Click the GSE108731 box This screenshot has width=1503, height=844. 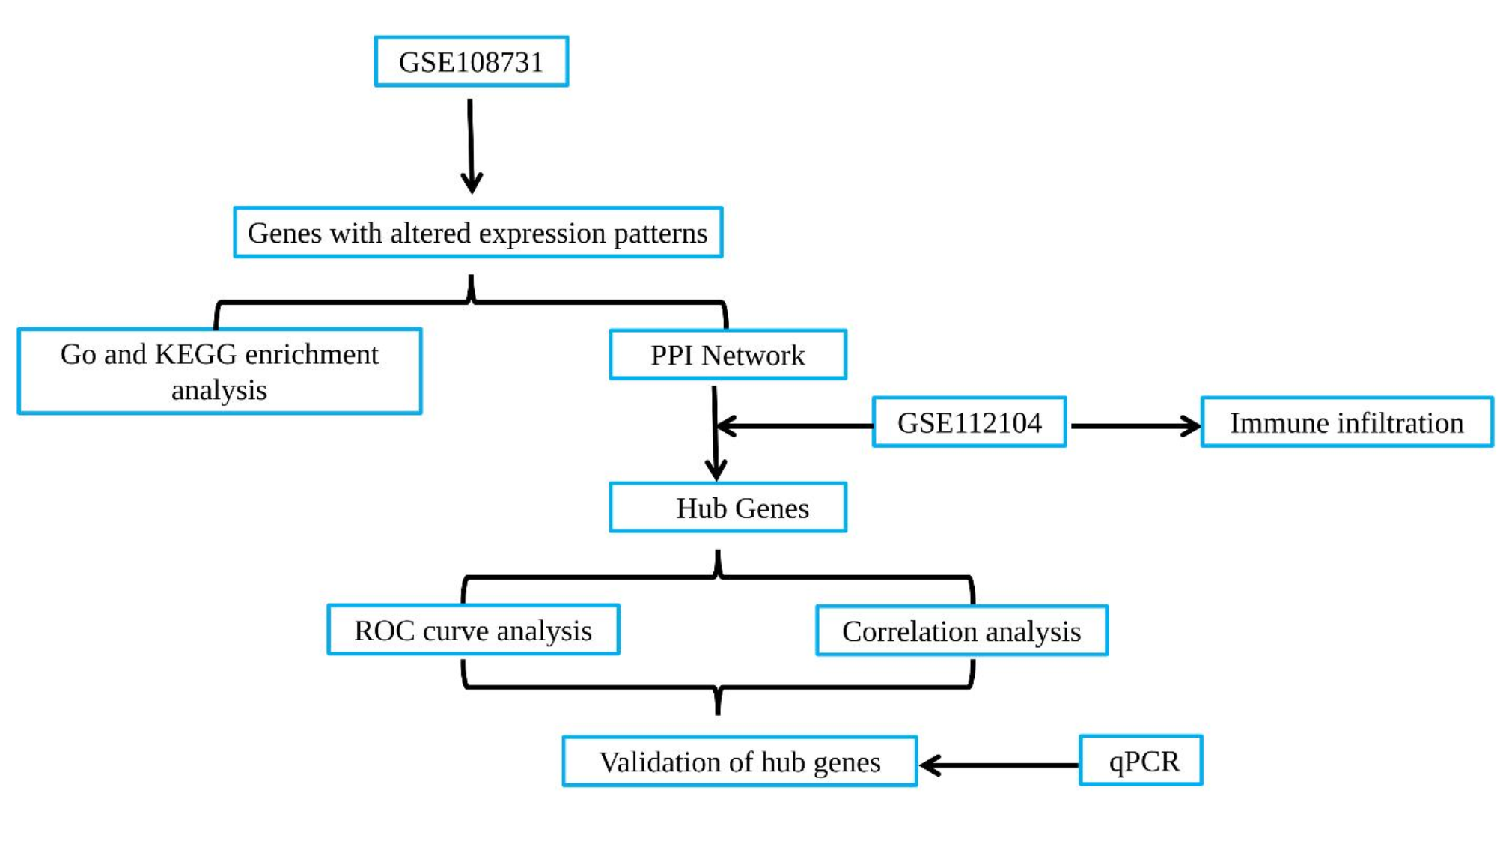(x=471, y=61)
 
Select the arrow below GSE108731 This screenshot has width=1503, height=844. (x=471, y=146)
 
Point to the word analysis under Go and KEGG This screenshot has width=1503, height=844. (x=219, y=390)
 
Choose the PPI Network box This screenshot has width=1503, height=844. (x=728, y=355)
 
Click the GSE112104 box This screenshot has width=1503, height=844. (x=969, y=422)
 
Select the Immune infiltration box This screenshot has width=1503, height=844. (x=1346, y=422)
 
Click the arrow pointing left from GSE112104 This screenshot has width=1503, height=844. (x=793, y=426)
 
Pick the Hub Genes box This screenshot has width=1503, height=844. (x=728, y=508)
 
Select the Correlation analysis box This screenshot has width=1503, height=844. (x=961, y=631)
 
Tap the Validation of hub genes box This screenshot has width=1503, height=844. (x=740, y=762)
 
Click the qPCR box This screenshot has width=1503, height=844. (x=1140, y=761)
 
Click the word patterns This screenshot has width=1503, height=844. (x=660, y=234)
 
